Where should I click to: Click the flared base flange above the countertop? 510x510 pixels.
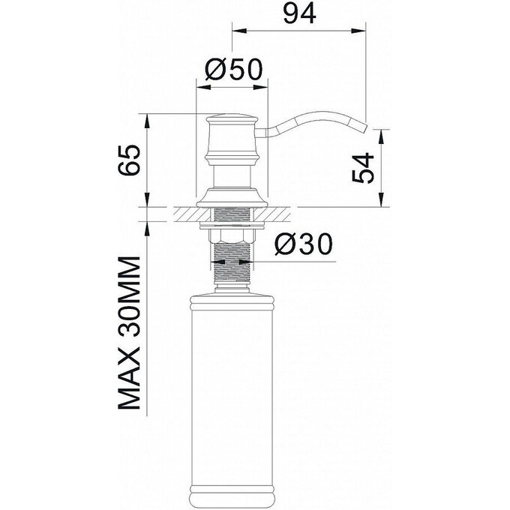pyautogui.click(x=232, y=200)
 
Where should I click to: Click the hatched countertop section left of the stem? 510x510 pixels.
pyautogui.click(x=187, y=214)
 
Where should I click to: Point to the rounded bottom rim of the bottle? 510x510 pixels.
pyautogui.click(x=232, y=492)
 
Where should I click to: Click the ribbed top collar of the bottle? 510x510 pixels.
pyautogui.click(x=232, y=304)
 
